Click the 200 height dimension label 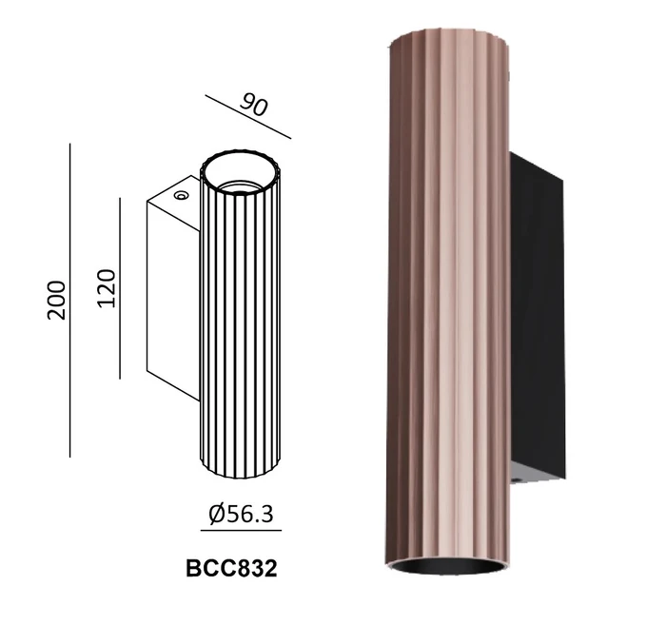57,300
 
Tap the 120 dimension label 107,288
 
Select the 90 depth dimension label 254,106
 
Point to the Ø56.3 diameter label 241,514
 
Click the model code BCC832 231,568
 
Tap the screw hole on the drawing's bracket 181,195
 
